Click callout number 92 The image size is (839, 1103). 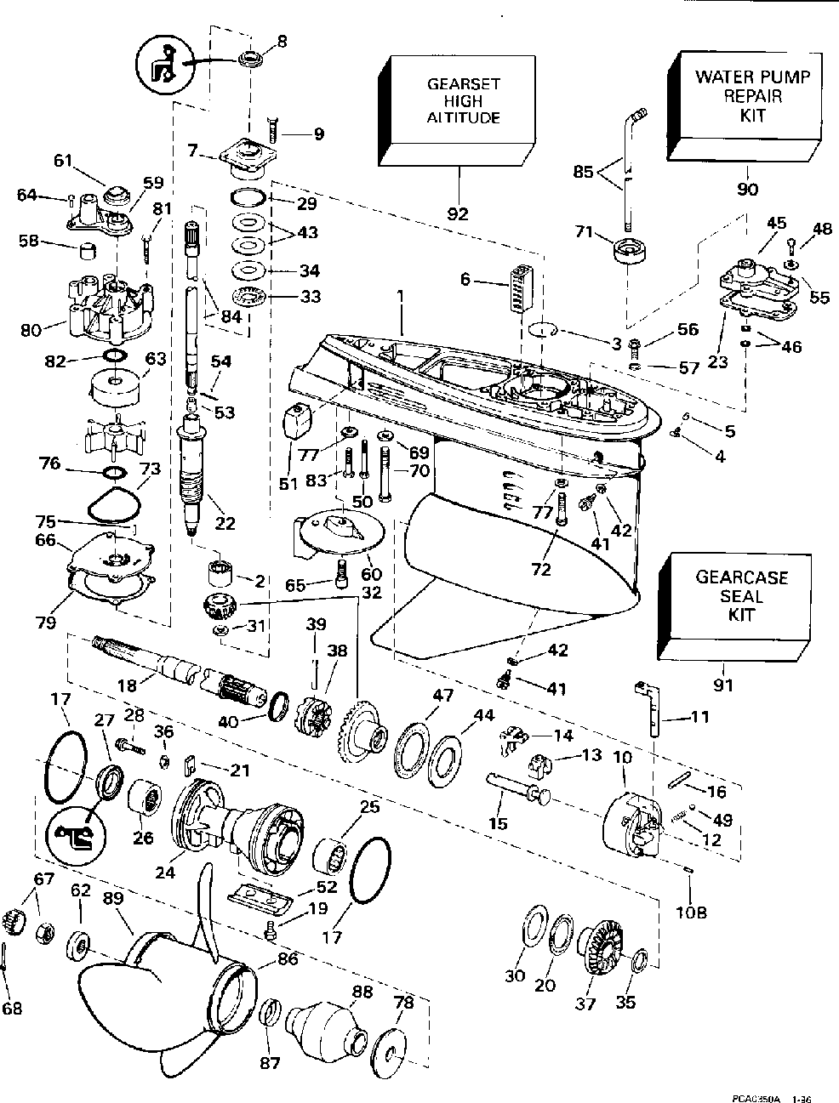click(459, 213)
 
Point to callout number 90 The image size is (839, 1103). click(746, 189)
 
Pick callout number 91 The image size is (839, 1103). click(722, 683)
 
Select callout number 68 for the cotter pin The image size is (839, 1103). click(12, 1009)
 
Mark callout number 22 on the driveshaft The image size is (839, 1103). click(225, 524)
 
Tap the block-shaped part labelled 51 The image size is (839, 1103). click(296, 419)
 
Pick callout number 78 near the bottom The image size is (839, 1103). click(404, 1003)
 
